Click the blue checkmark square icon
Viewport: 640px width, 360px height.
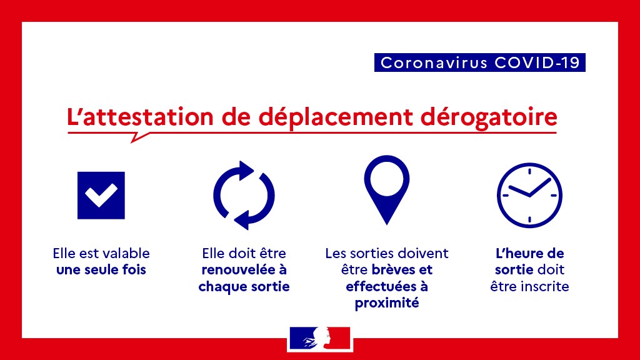pos(101,196)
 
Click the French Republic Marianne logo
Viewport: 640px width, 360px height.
pos(320,338)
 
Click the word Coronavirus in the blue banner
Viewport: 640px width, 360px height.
pos(434,63)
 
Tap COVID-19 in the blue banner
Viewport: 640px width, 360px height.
pos(537,63)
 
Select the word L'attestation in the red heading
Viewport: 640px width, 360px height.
pos(140,117)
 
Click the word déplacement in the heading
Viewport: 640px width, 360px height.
pos(336,117)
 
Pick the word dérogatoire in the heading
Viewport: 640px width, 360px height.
pos(489,117)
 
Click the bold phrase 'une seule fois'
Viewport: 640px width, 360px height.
pos(101,270)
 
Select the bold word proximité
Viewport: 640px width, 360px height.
pos(387,304)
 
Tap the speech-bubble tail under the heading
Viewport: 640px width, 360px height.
pos(139,137)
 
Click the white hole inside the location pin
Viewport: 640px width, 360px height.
pos(386,179)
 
